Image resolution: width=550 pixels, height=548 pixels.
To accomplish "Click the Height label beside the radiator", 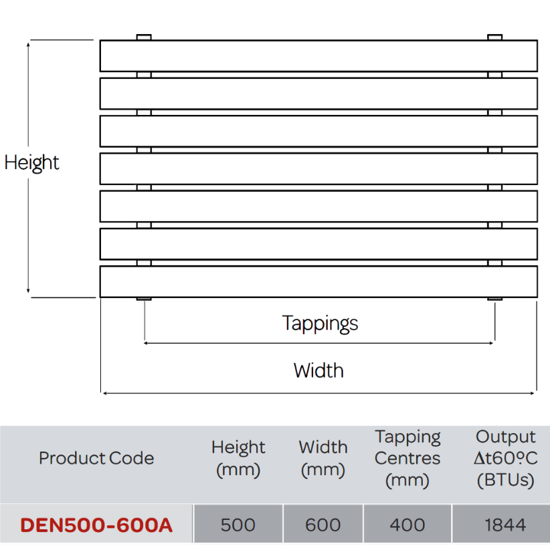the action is tap(31, 162).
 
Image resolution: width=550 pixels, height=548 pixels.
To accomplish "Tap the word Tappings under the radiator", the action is tap(320, 323).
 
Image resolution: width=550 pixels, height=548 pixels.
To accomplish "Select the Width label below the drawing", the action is tap(318, 371).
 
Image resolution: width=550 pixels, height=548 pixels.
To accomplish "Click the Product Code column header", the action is tap(96, 458).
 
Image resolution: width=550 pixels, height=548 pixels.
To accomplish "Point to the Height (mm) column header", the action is tap(238, 458).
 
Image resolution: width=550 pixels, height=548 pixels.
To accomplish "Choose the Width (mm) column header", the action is tap(323, 458).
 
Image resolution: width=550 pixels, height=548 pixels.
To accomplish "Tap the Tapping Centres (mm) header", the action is tap(407, 458).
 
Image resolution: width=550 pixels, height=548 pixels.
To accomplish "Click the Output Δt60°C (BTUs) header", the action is tap(505, 458).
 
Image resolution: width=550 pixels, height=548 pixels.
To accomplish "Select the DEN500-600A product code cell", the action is tap(96, 525).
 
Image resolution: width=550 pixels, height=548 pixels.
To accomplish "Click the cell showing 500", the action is tap(238, 525).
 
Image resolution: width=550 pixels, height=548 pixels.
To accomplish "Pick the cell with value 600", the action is tap(323, 525).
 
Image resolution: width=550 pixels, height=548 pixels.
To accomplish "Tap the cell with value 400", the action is tap(407, 525).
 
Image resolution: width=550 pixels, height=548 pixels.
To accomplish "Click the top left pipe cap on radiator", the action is tap(144, 37).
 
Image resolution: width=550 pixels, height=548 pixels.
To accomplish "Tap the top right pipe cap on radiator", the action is tap(495, 37).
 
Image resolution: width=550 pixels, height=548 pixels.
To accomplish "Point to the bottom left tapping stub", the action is tap(144, 299).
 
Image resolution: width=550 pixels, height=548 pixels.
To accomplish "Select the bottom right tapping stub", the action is tap(495, 299).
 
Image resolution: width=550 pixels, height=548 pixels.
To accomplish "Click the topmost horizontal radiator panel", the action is tap(318, 56).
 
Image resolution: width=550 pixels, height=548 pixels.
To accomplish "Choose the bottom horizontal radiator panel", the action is tap(318, 282).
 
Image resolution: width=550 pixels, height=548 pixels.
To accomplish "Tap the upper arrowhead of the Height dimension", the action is tap(28, 43).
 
